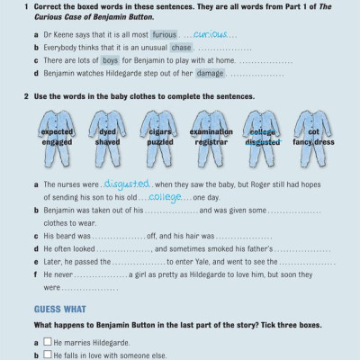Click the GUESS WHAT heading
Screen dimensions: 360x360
point(53,308)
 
